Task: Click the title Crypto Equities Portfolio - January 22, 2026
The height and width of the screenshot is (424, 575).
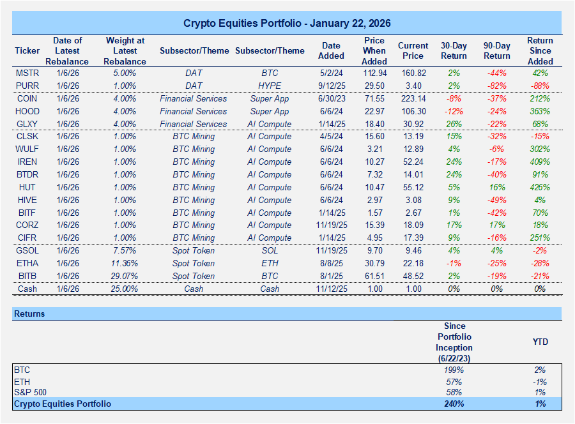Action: pyautogui.click(x=287, y=23)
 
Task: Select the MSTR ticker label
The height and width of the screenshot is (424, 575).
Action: pyautogui.click(x=27, y=73)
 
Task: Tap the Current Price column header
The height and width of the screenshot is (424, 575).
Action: pyautogui.click(x=413, y=50)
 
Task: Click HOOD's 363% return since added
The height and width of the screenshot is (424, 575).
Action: pyautogui.click(x=540, y=111)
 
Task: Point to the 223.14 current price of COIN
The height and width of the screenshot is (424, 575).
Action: pyautogui.click(x=413, y=98)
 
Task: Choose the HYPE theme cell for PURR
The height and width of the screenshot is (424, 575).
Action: pyautogui.click(x=270, y=86)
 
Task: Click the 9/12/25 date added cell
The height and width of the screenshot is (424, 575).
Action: pyautogui.click(x=331, y=86)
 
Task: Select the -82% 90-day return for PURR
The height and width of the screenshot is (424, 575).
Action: pyautogui.click(x=496, y=86)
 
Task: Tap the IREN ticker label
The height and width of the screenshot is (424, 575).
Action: pyautogui.click(x=27, y=162)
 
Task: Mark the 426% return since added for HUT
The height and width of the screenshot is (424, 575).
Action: pyautogui.click(x=540, y=187)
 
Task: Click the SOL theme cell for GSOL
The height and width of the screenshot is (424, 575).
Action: pyautogui.click(x=270, y=250)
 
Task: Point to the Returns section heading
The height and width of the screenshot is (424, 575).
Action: pyautogui.click(x=31, y=314)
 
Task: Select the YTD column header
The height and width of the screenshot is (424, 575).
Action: pyautogui.click(x=540, y=342)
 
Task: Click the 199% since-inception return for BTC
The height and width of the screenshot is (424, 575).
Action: pyautogui.click(x=453, y=370)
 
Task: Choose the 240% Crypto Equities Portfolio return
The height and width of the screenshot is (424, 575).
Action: pyautogui.click(x=453, y=404)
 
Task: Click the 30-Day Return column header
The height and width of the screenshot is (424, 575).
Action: pyautogui.click(x=453, y=50)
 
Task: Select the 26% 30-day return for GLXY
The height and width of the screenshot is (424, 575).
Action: pyautogui.click(x=453, y=124)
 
